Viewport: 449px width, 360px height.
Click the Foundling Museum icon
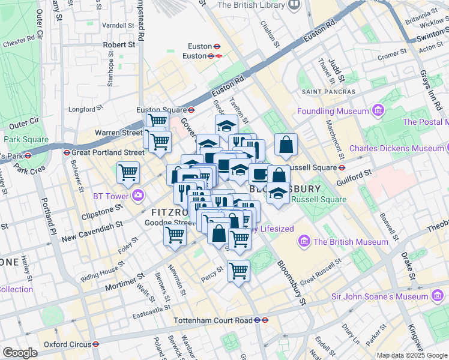click(x=378, y=111)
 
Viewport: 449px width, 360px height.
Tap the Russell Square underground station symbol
click(x=342, y=167)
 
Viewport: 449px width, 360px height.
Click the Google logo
click(x=20, y=353)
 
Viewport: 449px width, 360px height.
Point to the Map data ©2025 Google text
click(x=412, y=355)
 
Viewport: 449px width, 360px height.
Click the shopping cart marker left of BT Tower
click(x=128, y=173)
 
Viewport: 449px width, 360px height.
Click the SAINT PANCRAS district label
click(x=328, y=92)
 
